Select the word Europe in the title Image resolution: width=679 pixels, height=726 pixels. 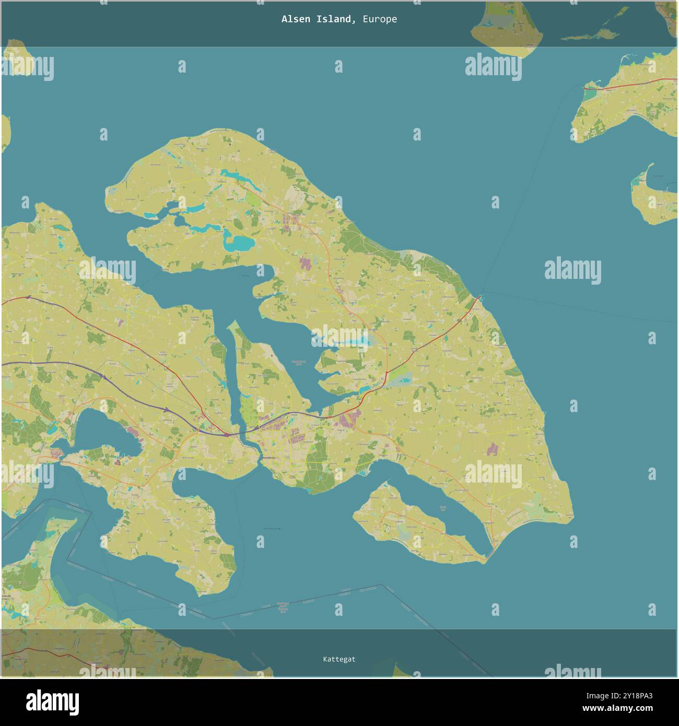point(380,19)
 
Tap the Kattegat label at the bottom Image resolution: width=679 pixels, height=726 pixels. point(339,659)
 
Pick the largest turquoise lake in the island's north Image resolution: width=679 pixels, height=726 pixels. point(237,242)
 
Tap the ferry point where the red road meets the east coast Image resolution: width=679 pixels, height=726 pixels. point(479,297)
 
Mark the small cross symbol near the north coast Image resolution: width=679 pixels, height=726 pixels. point(230,144)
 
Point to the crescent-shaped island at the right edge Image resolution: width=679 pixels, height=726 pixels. point(653,196)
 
